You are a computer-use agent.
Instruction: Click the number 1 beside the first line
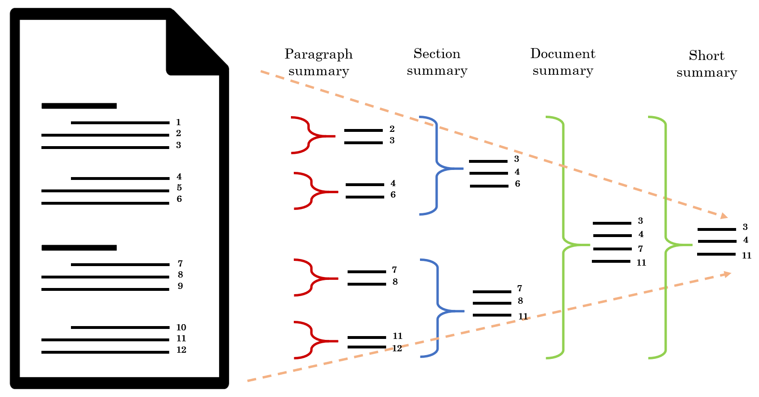179,122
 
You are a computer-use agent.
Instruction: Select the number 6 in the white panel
179,199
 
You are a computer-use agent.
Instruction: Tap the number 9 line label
180,286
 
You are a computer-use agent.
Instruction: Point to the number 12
181,350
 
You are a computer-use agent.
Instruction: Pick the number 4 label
179,177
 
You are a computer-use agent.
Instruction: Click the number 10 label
181,328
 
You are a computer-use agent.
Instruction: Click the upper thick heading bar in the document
79,106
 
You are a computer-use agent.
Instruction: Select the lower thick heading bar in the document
79,248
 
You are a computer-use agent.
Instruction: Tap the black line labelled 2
105,135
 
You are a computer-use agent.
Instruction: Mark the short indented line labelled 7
120,264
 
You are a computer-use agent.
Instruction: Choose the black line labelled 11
105,340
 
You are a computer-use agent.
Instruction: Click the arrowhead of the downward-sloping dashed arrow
724,217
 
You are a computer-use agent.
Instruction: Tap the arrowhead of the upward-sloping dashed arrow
727,274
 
